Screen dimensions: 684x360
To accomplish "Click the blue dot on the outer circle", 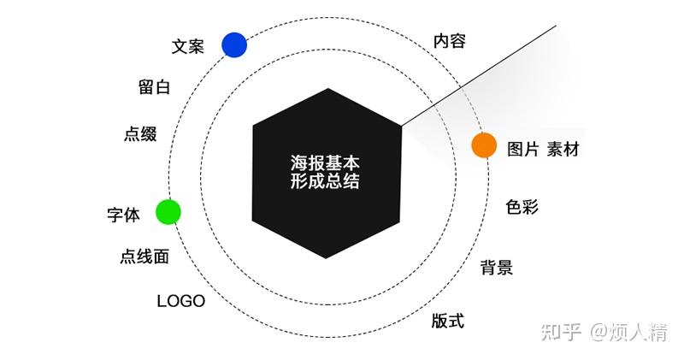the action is pos(234,45).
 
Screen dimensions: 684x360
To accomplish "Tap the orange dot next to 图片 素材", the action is pos(484,145).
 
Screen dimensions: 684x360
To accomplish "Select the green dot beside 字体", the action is pos(168,212).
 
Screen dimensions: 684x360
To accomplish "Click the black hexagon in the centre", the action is pos(327,174).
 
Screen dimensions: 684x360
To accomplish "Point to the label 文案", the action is pos(187,46).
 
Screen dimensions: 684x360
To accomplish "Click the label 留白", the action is pos(155,87).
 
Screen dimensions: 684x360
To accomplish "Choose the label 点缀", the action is pos(140,134).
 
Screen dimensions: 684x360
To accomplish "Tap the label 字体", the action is pos(123,215).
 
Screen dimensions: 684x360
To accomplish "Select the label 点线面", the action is pos(144,257).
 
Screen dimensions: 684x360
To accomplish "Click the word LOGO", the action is pos(181,301).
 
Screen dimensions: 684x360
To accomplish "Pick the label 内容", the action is pos(450,40).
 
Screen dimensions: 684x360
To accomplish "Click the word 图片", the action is pos(523,150).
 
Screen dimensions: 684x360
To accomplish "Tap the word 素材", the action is pos(563,150).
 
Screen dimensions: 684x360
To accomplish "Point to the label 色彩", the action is pos(522,207).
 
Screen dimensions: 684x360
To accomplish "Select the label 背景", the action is pos(497,267).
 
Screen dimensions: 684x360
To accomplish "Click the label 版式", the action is pos(448,321).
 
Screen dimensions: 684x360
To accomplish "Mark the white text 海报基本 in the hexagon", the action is pos(325,163).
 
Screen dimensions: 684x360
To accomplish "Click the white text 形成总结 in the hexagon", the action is pos(325,181).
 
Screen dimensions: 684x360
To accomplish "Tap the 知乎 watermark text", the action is pos(562,332).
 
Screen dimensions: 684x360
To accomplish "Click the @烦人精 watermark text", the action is pos(629,332).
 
